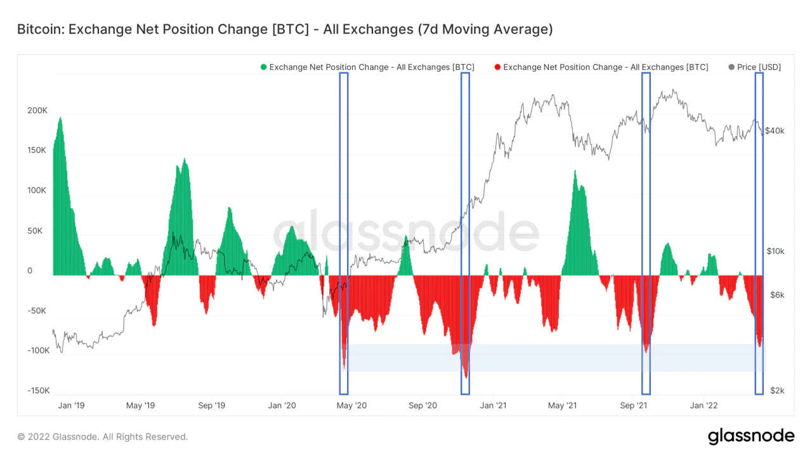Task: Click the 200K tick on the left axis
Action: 37,110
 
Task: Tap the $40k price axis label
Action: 775,131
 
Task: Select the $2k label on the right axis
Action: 777,391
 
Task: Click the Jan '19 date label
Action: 70,405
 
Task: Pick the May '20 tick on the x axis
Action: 351,405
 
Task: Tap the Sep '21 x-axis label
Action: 634,405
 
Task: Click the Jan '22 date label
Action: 704,405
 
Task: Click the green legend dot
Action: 264,67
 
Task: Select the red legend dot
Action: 497,67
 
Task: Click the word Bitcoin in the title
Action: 39,29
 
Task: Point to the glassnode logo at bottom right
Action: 750,436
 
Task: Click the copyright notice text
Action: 103,437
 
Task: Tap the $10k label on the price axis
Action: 775,251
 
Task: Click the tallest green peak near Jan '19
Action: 60,118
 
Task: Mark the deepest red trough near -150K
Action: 466,377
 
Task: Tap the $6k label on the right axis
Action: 776,295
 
